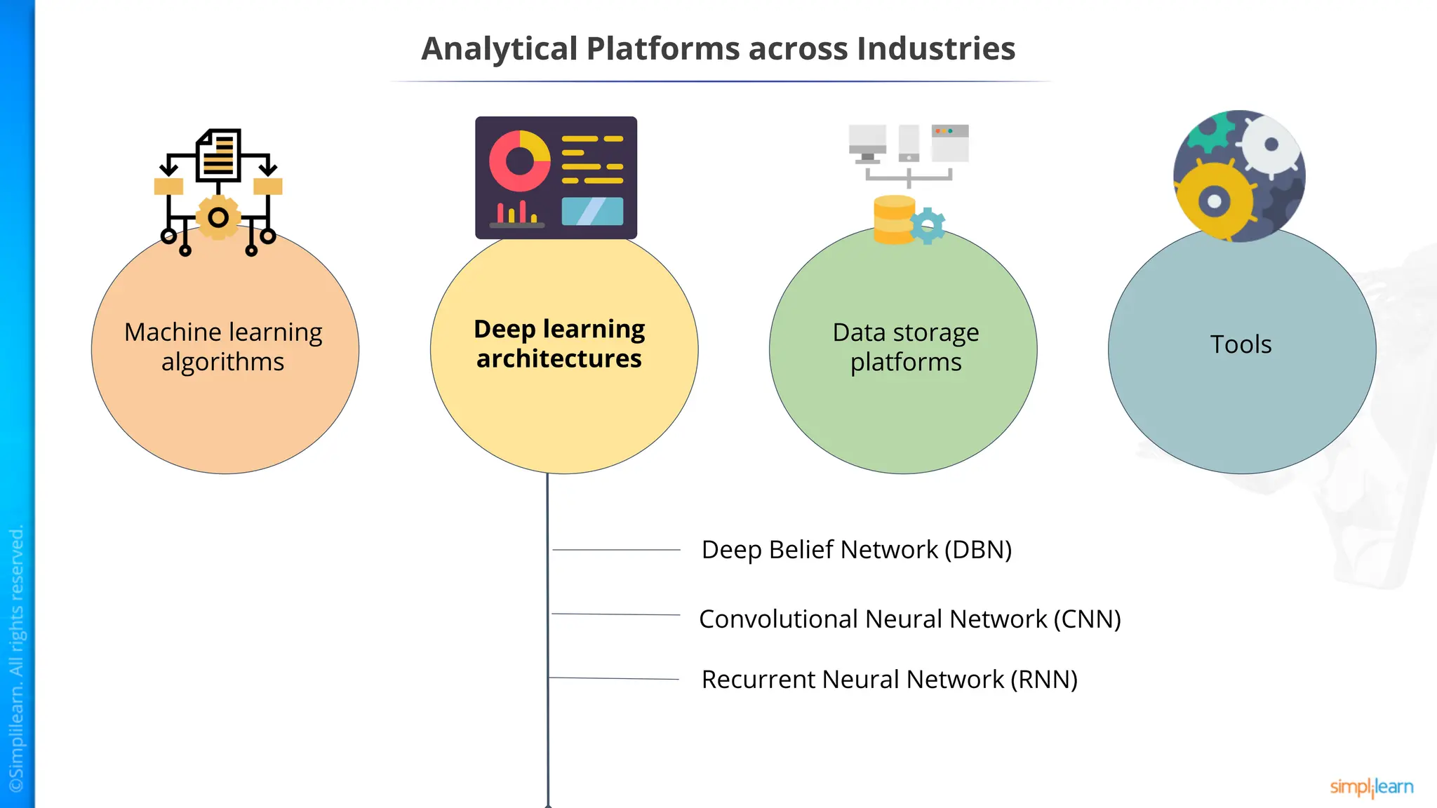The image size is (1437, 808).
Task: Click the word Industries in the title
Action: point(936,49)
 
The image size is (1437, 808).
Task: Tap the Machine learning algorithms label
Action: point(223,346)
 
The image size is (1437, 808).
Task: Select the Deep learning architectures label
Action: point(559,344)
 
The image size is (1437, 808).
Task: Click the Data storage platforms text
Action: point(905,346)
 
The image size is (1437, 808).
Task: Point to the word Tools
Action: point(1241,344)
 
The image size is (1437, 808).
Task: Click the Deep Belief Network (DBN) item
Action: point(856,550)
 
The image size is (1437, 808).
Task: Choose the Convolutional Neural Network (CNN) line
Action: point(909,619)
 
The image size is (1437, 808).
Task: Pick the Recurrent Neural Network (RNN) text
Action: point(889,680)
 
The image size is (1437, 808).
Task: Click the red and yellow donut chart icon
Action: point(520,161)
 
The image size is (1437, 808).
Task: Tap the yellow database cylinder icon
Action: point(893,220)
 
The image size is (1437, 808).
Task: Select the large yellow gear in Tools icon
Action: point(1215,202)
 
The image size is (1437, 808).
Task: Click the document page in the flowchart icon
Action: point(219,155)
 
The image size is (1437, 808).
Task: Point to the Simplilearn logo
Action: point(1371,787)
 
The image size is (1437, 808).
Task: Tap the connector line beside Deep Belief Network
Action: point(616,550)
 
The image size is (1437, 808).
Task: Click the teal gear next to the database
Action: point(928,226)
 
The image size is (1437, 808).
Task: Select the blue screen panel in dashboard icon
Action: point(592,211)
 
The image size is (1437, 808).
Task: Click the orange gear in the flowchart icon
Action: point(218,217)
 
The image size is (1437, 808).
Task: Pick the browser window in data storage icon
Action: point(950,143)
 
